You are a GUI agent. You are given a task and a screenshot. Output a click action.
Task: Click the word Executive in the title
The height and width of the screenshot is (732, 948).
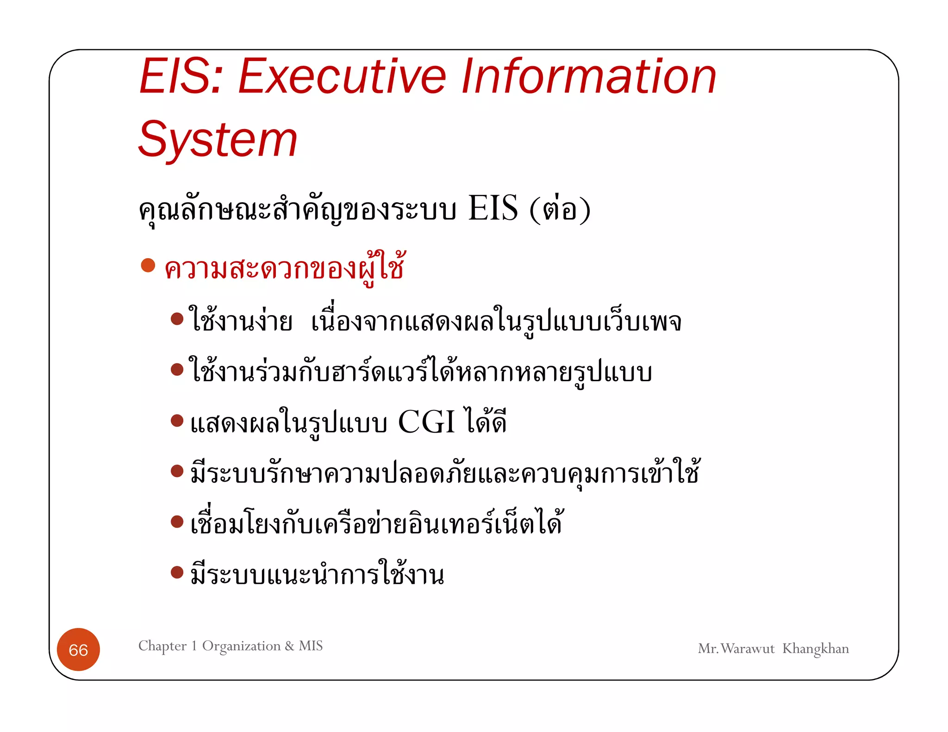tap(342, 77)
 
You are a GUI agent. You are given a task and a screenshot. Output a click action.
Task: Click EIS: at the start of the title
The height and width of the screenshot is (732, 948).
tap(181, 77)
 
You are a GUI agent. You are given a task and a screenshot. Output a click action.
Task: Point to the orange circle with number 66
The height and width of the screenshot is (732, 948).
tap(78, 650)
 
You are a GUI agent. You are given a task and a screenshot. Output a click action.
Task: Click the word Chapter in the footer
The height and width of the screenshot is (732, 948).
tap(162, 646)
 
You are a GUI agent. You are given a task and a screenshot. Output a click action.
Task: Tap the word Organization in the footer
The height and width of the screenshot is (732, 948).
tap(241, 646)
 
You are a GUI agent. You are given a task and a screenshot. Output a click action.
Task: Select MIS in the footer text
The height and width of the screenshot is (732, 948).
tap(311, 646)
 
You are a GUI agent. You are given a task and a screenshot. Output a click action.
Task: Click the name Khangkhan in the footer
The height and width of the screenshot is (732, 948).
tap(815, 649)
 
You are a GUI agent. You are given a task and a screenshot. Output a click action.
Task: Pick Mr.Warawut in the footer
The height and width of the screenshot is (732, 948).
tap(736, 649)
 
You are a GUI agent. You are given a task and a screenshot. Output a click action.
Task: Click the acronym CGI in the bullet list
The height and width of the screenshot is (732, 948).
tap(426, 422)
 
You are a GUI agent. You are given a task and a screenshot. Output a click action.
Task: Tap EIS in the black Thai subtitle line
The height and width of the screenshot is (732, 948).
tap(493, 209)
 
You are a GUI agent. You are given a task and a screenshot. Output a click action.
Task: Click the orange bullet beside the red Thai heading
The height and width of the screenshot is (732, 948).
tap(148, 266)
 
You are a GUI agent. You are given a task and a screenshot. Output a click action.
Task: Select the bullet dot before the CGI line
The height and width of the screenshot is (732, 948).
tap(177, 420)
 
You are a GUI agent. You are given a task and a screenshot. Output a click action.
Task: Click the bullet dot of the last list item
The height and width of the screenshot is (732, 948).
tap(177, 572)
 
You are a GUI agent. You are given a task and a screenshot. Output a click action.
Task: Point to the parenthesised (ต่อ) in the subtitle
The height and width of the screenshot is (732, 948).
tap(560, 210)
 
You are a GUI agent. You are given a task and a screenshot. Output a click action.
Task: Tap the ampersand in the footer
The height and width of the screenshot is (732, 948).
tap(290, 646)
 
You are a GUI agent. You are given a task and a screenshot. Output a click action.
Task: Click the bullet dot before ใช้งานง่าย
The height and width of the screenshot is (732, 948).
tap(177, 319)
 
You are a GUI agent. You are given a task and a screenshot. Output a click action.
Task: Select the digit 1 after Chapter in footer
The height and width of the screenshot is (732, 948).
tap(194, 646)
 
